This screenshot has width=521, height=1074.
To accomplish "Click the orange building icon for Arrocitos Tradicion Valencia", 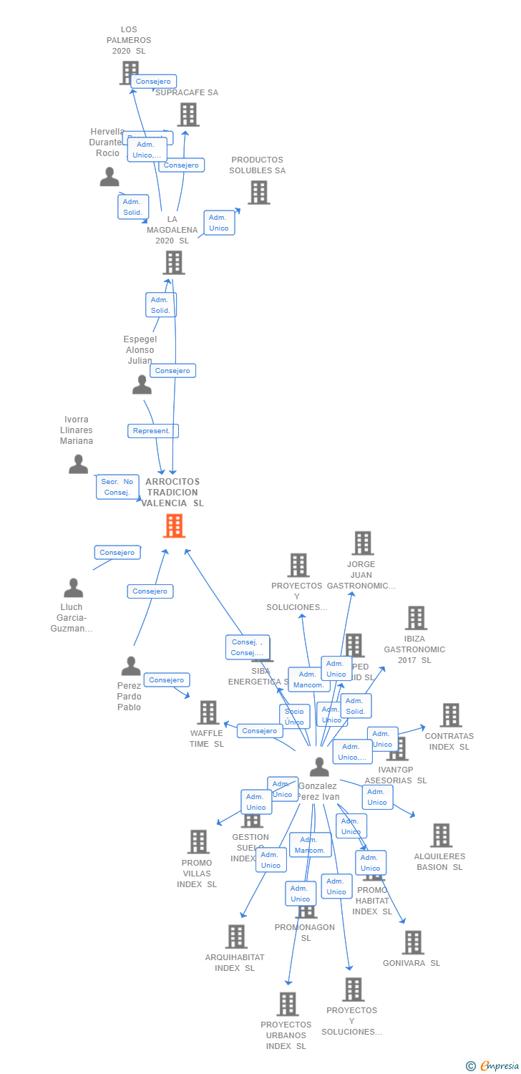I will click(x=174, y=526).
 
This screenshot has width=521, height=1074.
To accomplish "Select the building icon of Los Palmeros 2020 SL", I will click(x=130, y=72).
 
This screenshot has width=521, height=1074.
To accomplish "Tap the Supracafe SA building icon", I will click(x=188, y=115).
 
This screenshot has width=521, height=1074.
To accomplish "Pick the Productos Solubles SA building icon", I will click(x=258, y=192).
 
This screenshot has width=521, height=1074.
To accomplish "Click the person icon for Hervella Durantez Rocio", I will click(x=109, y=177).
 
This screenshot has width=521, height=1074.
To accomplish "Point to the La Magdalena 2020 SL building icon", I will click(x=174, y=263).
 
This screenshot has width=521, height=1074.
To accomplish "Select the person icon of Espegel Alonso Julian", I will click(x=142, y=385).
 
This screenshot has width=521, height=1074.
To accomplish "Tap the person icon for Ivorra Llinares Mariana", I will click(x=79, y=464).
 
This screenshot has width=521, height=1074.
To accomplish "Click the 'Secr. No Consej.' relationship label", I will click(x=117, y=487).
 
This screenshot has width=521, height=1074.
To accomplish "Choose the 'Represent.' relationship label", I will click(x=152, y=431).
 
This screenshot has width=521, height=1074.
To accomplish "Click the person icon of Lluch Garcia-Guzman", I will click(x=73, y=588).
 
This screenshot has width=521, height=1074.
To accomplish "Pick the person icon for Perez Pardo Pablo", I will click(x=130, y=666).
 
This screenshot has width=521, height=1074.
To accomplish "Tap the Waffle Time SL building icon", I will click(x=208, y=712).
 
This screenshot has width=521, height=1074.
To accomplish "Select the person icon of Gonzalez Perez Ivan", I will click(x=319, y=767).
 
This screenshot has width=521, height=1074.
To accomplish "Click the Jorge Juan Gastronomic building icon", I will click(x=363, y=543).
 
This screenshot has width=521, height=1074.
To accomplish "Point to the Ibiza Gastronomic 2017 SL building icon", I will click(x=416, y=618).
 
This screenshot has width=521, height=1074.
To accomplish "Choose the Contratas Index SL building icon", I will click(x=450, y=715).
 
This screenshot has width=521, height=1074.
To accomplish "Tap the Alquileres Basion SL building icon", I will click(x=441, y=835).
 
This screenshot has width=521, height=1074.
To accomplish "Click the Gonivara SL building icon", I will click(x=412, y=942).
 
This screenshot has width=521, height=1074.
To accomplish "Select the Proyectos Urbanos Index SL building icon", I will click(x=287, y=1004).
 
